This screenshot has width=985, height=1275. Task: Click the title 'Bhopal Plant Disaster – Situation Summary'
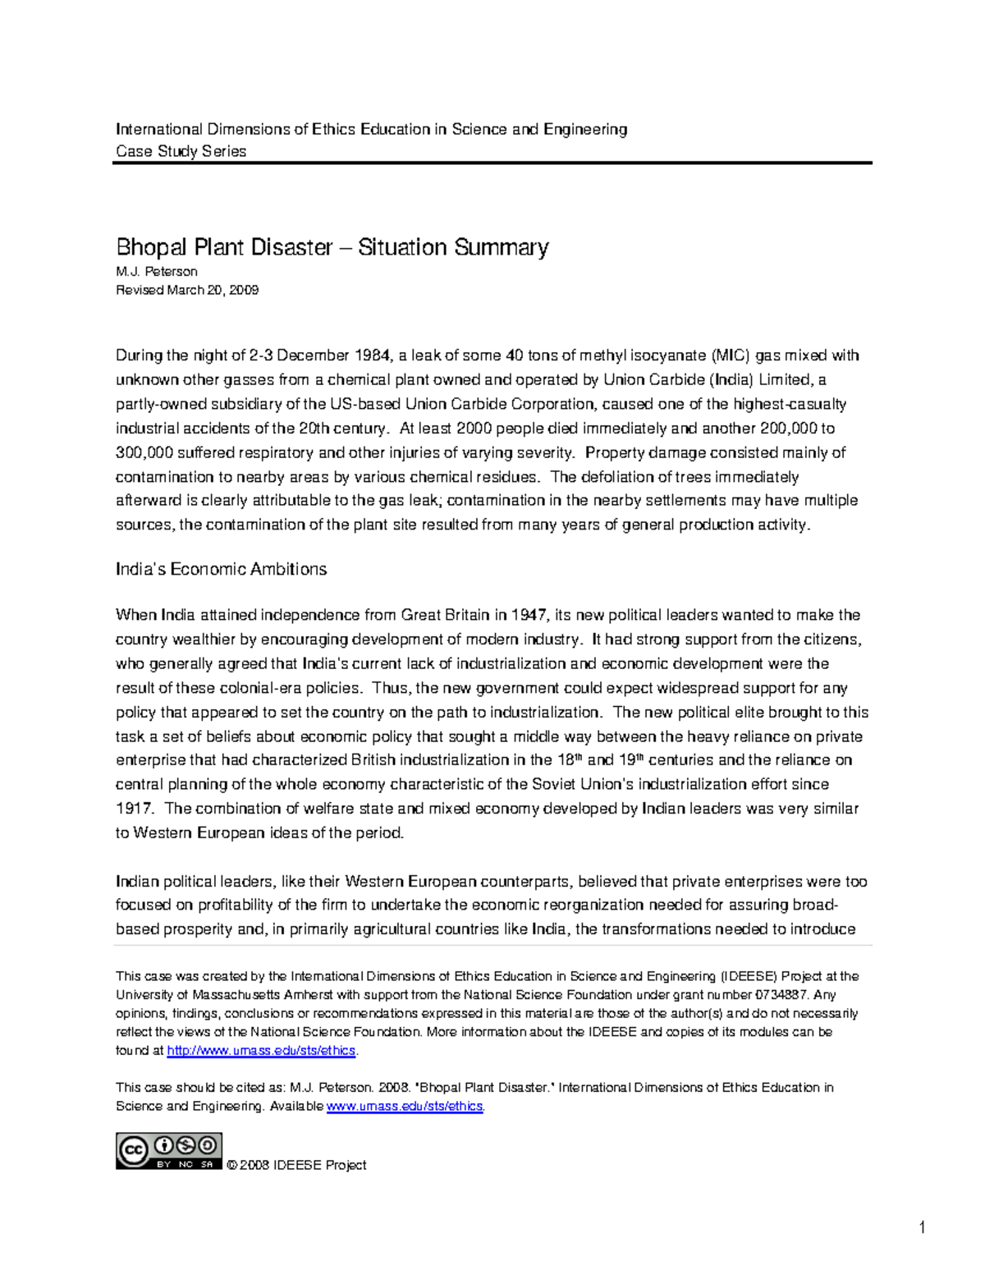(332, 247)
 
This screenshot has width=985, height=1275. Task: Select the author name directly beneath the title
(156, 272)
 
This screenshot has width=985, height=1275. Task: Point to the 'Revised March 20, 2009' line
(187, 290)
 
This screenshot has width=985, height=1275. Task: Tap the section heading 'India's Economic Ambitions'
(221, 569)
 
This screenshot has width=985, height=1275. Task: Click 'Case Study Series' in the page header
(181, 151)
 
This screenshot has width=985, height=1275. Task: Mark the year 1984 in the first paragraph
(373, 355)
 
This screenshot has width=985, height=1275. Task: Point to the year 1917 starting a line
(134, 809)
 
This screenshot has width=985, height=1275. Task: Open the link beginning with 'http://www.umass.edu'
(261, 1051)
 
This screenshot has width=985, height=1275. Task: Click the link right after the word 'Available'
(405, 1106)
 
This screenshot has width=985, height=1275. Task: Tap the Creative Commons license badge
(168, 1151)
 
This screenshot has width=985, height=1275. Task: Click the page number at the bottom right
(922, 1228)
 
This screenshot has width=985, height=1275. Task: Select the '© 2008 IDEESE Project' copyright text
(296, 1165)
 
